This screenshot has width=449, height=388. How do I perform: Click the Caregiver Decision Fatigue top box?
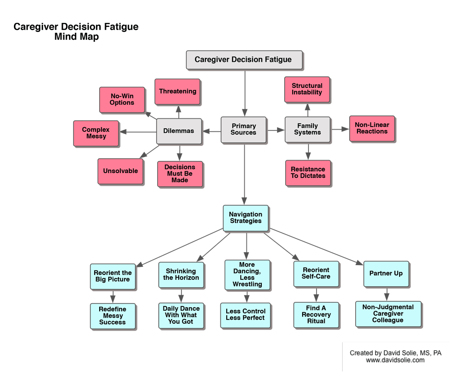pos(244,60)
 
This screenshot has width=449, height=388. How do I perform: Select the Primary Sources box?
pos(243,130)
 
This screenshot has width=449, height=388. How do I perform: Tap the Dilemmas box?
pos(179,131)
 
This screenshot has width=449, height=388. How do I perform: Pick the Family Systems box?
pos(308,130)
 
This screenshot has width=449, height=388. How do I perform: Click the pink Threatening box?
pos(177,92)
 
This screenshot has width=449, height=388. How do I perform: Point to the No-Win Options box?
pos(122,100)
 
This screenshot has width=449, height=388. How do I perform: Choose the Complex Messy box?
pos(96,133)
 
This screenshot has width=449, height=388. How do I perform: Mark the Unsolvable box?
pos(120,171)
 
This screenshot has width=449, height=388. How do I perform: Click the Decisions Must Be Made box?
pos(180,174)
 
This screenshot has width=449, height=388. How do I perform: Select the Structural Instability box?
pos(307,89)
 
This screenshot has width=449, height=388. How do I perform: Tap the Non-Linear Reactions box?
pos(372,128)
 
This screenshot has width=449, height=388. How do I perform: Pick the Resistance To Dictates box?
pos(308,173)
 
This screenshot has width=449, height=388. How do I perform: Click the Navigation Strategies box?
pos(246,218)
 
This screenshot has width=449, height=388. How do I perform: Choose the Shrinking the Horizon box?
pos(181,275)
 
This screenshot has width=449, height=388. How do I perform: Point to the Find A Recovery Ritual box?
pos(316,315)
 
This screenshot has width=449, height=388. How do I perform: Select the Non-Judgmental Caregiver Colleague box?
pos(388,314)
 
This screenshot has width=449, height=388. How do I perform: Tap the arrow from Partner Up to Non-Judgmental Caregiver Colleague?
pos(387,294)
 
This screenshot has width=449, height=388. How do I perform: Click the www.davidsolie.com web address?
pos(395,360)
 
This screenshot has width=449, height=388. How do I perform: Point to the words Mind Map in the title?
pos(76,37)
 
